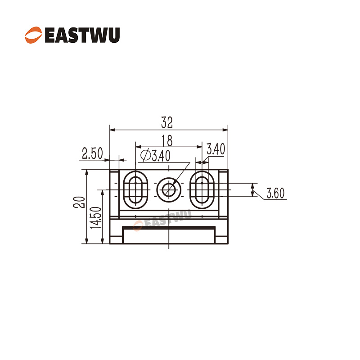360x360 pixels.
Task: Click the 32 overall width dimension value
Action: tap(167, 123)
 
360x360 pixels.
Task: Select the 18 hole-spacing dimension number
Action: tap(167, 140)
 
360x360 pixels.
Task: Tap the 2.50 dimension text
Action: tap(92, 153)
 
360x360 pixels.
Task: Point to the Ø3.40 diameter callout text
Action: tap(156, 156)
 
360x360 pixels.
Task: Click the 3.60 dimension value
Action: tap(275, 193)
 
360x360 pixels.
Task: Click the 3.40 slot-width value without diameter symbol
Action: tap(216, 149)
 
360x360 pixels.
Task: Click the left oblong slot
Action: tap(135, 189)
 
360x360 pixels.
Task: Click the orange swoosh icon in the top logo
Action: tap(33, 34)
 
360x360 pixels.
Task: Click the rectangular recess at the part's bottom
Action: tap(168, 235)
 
